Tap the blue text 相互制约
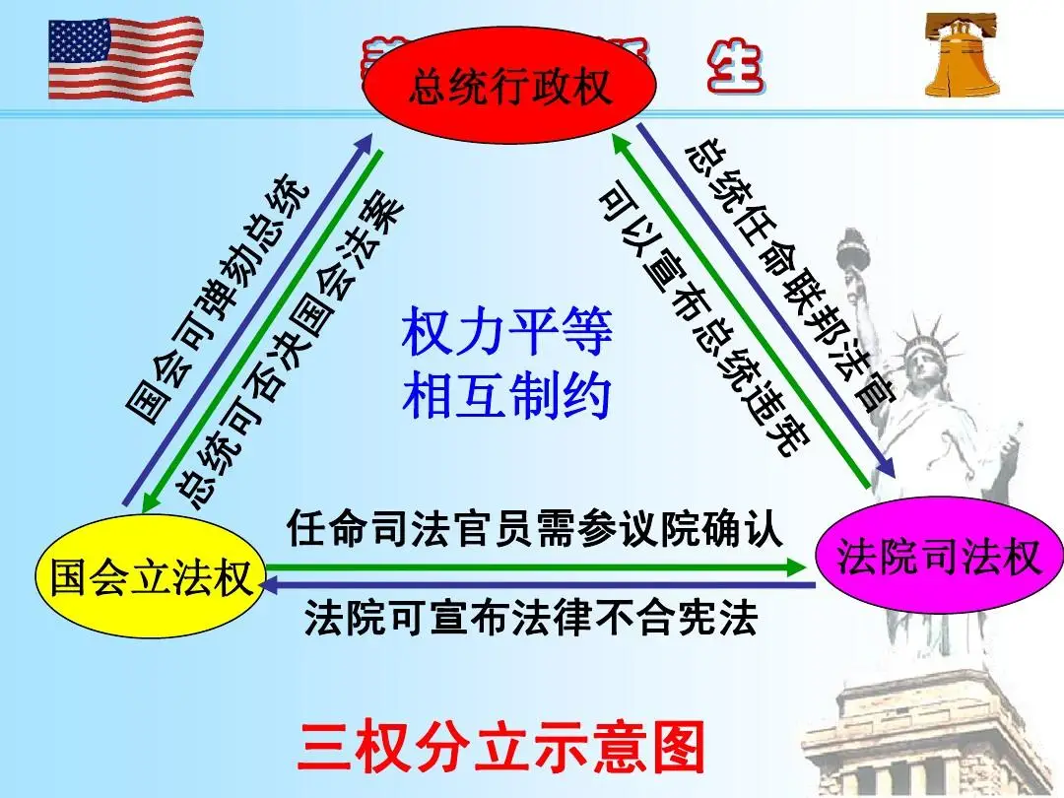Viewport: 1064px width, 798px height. click(506, 395)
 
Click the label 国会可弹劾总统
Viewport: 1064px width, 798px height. click(221, 300)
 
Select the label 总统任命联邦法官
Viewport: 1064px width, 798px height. click(788, 276)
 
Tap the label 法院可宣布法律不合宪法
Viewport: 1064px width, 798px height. click(531, 620)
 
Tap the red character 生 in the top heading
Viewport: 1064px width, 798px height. click(735, 67)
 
